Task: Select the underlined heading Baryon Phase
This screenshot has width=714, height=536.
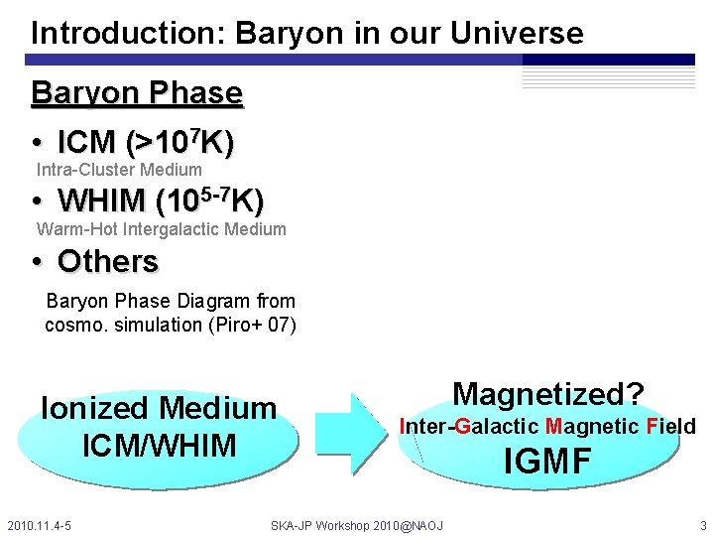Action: pyautogui.click(x=137, y=93)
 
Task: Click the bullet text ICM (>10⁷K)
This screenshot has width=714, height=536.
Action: pyautogui.click(x=146, y=143)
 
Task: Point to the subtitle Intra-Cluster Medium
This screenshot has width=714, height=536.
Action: pyautogui.click(x=119, y=170)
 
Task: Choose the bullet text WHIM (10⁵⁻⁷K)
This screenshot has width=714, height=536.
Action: pyautogui.click(x=161, y=201)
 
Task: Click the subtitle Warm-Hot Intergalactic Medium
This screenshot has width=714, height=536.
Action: pyautogui.click(x=162, y=229)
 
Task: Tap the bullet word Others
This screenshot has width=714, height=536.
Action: pyautogui.click(x=108, y=261)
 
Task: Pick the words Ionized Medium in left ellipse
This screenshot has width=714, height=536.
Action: pyautogui.click(x=159, y=408)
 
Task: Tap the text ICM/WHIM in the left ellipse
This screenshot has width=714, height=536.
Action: pyautogui.click(x=159, y=445)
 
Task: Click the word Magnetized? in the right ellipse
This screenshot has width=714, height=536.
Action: pyautogui.click(x=548, y=394)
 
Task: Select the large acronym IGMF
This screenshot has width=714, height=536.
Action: pyautogui.click(x=548, y=462)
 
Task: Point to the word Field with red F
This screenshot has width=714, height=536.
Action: pyautogui.click(x=670, y=427)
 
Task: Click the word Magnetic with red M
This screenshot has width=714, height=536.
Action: pyautogui.click(x=592, y=427)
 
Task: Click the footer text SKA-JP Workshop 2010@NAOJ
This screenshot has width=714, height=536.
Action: pyautogui.click(x=357, y=524)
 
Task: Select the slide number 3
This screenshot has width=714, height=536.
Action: pyautogui.click(x=702, y=524)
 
